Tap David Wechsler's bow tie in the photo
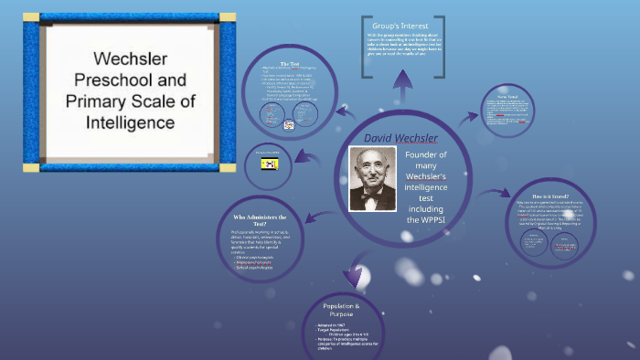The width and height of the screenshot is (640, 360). (373, 195)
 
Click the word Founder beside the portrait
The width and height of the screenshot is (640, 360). (426, 155)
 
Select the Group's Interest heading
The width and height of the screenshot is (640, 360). (402, 25)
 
